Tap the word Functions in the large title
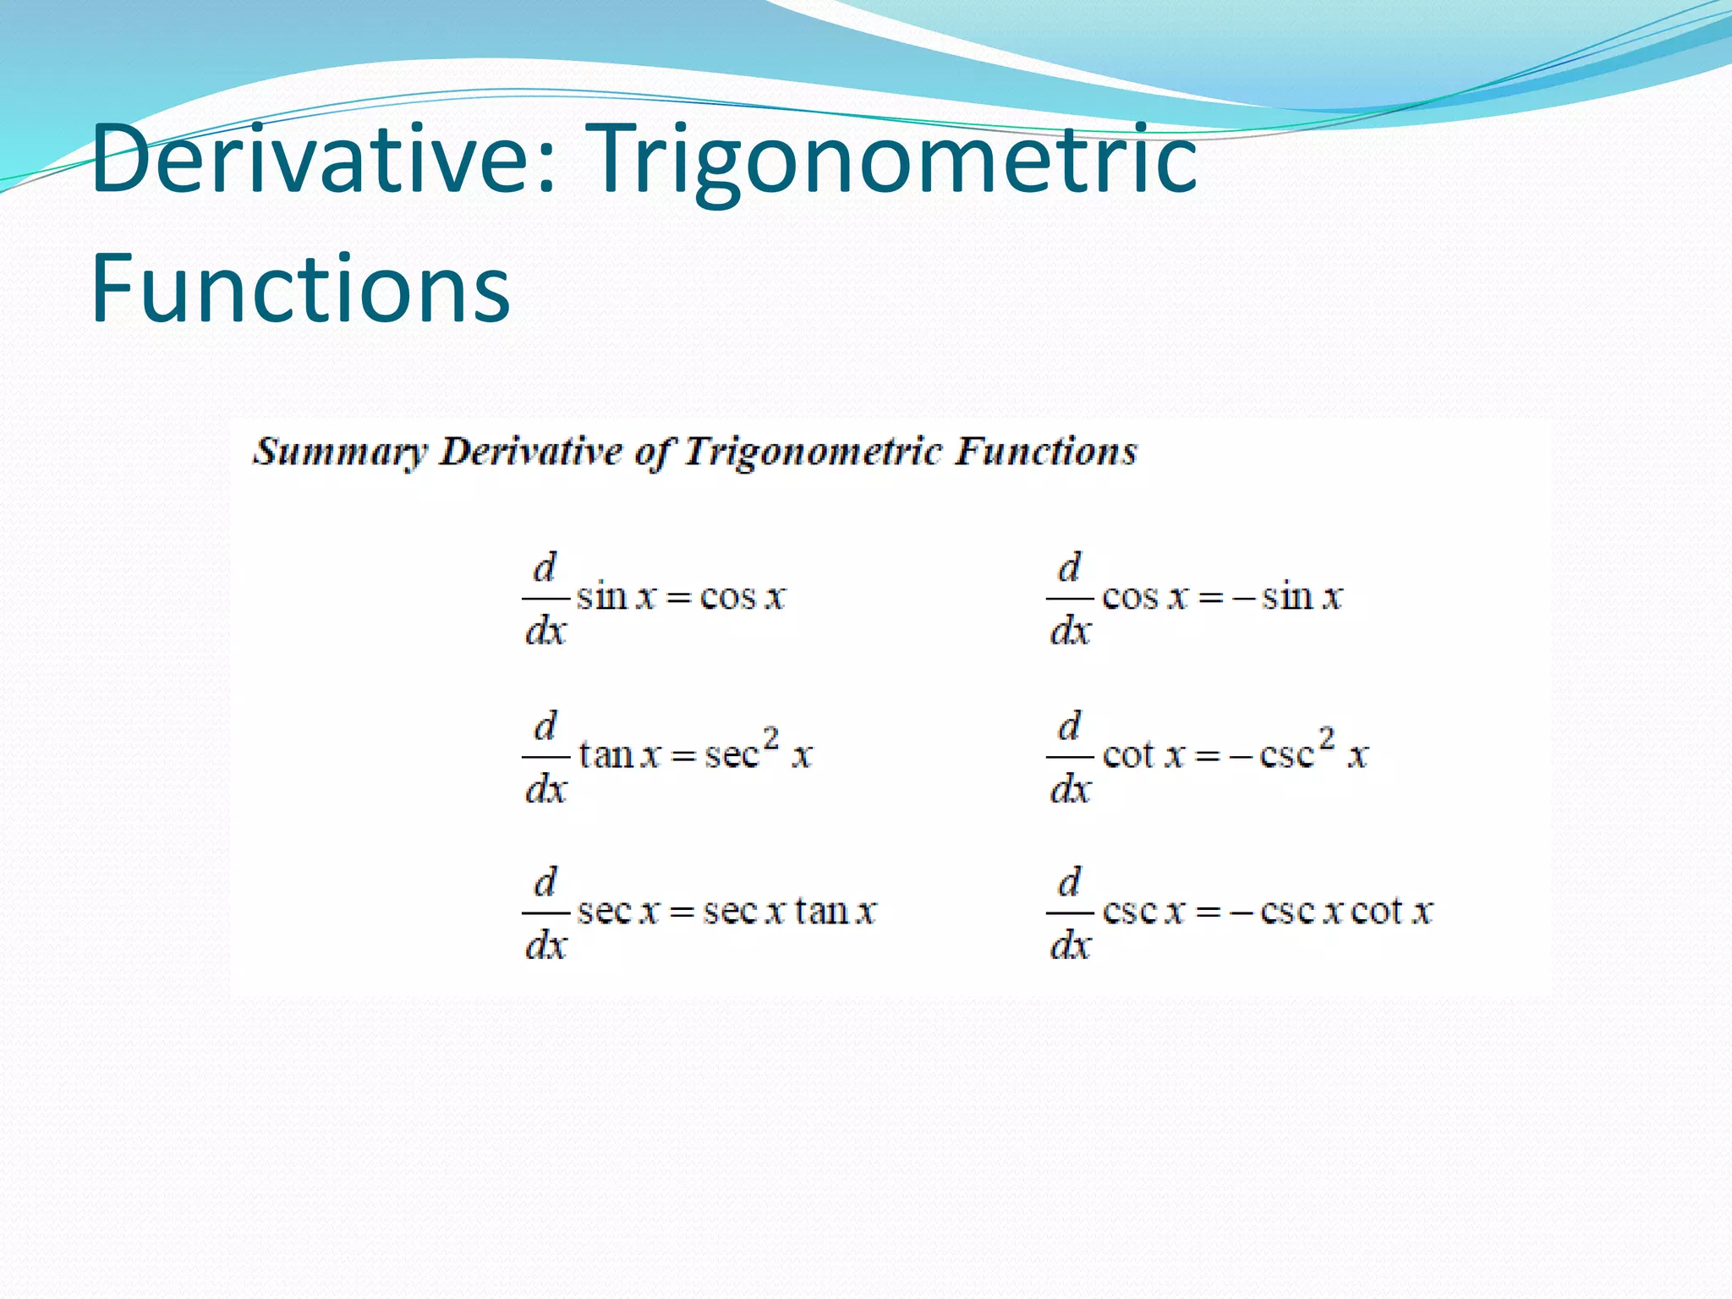300,289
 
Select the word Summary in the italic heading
339,452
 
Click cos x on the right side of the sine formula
743,597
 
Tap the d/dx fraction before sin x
545,599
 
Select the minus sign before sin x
1242,598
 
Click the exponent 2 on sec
770,738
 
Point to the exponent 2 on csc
1327,738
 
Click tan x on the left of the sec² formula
619,754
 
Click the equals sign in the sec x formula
682,913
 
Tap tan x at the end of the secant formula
836,912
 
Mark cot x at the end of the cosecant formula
1391,912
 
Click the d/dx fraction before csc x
1070,913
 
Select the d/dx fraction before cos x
1070,599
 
